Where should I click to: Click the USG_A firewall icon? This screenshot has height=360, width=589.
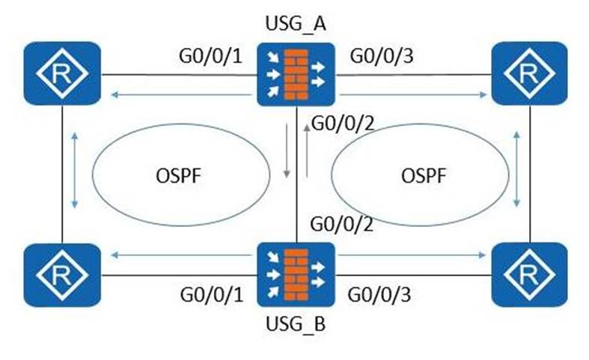point(296,74)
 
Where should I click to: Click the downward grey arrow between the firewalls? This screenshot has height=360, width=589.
point(287,153)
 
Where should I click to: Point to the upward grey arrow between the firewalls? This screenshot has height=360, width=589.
point(307,150)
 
